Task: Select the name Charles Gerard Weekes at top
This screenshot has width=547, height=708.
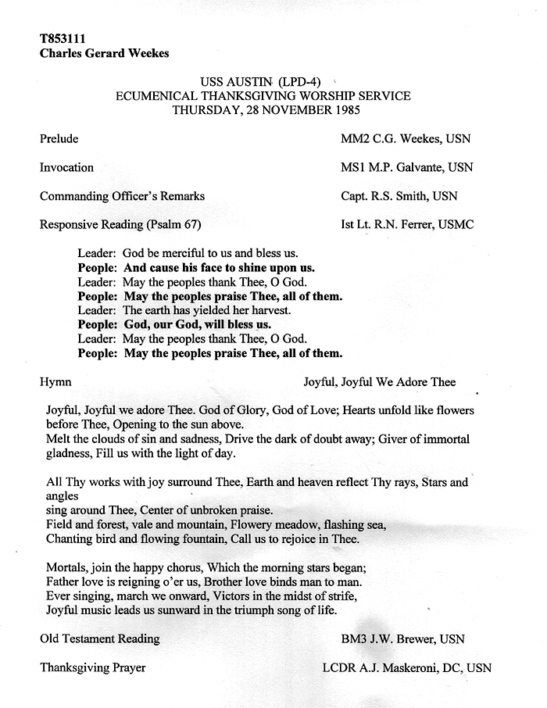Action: click(104, 54)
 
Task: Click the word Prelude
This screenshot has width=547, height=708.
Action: click(59, 139)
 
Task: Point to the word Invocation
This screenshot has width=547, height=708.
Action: click(66, 167)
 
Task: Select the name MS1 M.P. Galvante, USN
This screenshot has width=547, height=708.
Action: click(406, 167)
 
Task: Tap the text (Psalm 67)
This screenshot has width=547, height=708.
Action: click(174, 225)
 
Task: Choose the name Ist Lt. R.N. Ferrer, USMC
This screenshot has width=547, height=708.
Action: click(407, 225)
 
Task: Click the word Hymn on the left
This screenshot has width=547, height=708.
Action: click(55, 382)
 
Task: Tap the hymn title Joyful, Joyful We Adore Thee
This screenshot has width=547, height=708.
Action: click(380, 382)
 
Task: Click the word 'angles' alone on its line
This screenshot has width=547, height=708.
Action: click(63, 496)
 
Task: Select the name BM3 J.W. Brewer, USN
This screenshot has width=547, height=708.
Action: click(402, 639)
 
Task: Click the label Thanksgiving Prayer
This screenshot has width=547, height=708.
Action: click(92, 668)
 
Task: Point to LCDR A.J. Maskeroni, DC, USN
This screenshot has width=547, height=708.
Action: click(407, 668)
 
